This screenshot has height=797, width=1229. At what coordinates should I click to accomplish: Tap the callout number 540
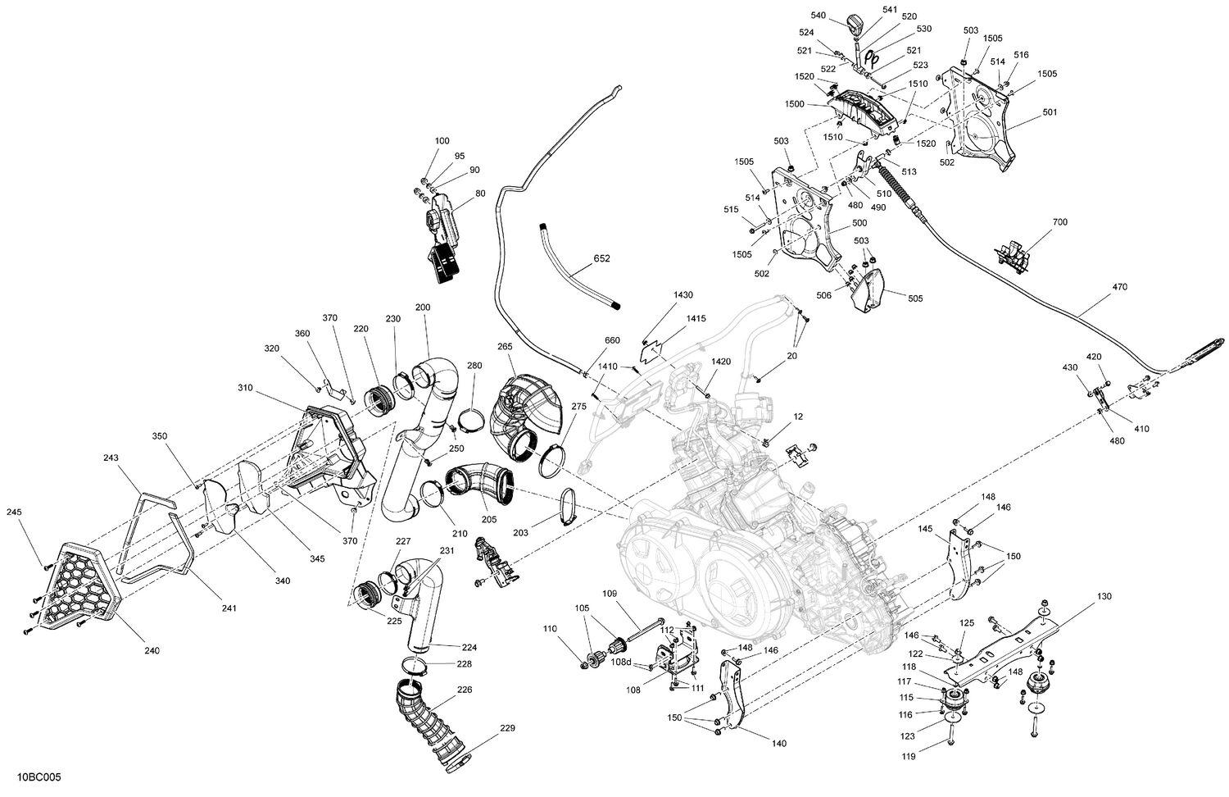click(819, 16)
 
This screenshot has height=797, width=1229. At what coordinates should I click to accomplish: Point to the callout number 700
click(1059, 222)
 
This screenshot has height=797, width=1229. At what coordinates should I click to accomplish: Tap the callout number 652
click(601, 258)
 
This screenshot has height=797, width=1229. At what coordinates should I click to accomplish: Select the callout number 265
click(506, 347)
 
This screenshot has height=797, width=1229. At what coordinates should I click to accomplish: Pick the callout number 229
click(507, 729)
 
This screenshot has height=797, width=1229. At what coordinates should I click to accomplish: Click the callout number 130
click(1104, 595)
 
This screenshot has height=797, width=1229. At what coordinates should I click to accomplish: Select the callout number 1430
click(683, 294)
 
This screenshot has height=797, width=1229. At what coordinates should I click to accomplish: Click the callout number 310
click(246, 388)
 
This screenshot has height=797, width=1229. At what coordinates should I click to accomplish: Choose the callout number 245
click(14, 512)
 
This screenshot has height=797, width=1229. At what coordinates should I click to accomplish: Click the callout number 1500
click(794, 104)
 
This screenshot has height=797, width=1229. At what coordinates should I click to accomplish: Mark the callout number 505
click(915, 299)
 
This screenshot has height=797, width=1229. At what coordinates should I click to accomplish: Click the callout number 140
click(778, 744)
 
